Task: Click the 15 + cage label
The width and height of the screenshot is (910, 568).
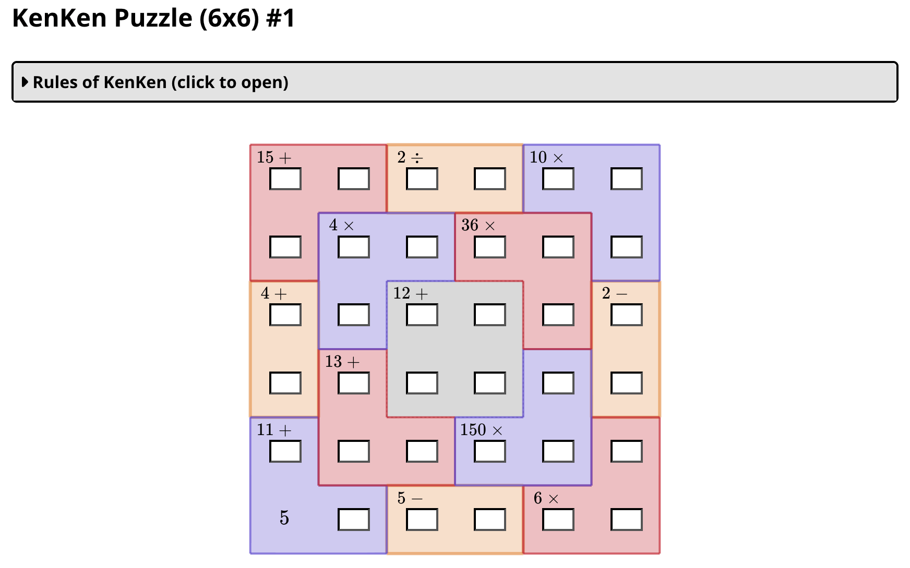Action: (274, 157)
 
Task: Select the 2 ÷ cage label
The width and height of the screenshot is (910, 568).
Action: (410, 157)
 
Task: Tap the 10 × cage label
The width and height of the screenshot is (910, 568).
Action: (546, 157)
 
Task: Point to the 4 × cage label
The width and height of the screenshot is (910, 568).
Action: (341, 225)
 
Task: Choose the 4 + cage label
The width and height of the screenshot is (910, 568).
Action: (274, 293)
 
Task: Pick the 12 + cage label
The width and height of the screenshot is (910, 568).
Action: (410, 293)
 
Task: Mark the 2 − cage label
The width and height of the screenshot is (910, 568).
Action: (614, 293)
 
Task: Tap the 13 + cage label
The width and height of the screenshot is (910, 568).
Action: (342, 362)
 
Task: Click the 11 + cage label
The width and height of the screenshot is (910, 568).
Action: (274, 430)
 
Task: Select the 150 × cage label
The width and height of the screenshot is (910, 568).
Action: (481, 430)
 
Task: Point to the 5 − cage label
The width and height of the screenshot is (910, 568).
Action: (410, 498)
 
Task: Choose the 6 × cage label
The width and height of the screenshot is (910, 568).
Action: (546, 498)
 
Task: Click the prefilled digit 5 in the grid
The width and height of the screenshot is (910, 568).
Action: (284, 518)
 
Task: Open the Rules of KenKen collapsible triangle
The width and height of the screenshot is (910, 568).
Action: (25, 82)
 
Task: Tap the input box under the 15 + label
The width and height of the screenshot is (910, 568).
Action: (285, 179)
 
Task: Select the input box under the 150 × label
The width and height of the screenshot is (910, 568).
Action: (490, 452)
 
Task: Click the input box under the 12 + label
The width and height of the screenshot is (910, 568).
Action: (422, 315)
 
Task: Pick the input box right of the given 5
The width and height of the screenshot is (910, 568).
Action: (354, 520)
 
